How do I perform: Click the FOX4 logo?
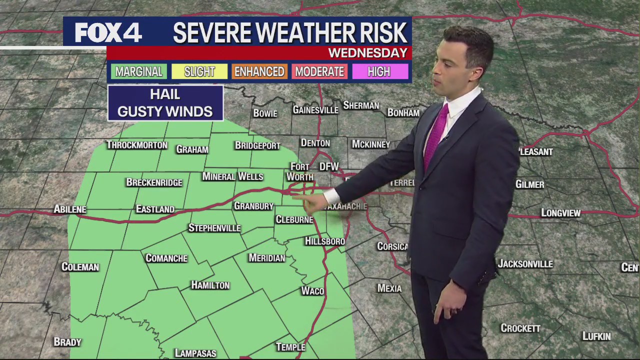point(108,33)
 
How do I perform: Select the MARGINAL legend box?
point(139,71)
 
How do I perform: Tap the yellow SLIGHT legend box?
point(199,71)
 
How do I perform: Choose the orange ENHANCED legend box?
point(259,71)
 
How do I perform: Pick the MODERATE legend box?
point(319,71)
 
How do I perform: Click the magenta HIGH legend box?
point(379,71)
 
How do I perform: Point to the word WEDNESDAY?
point(367,53)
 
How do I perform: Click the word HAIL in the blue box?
point(165,94)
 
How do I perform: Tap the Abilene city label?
point(70,209)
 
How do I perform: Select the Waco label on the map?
point(312,291)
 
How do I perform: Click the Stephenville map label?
point(214,228)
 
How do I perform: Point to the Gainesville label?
point(315,109)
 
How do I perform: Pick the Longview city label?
point(560,213)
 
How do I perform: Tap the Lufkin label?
point(596,336)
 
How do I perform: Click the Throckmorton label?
point(136,145)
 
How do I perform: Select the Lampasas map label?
point(195,353)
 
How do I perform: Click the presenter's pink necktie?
point(435,135)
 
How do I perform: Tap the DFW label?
point(329,166)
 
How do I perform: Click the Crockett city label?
point(520,328)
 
